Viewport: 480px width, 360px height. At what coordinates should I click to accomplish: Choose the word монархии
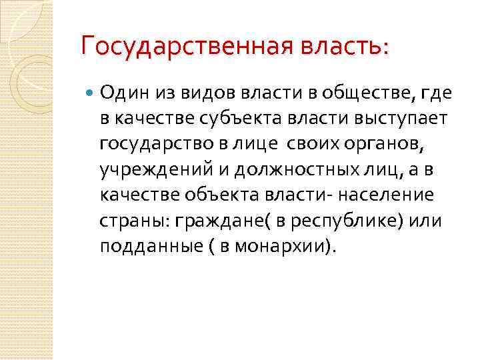coord(277,246)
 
